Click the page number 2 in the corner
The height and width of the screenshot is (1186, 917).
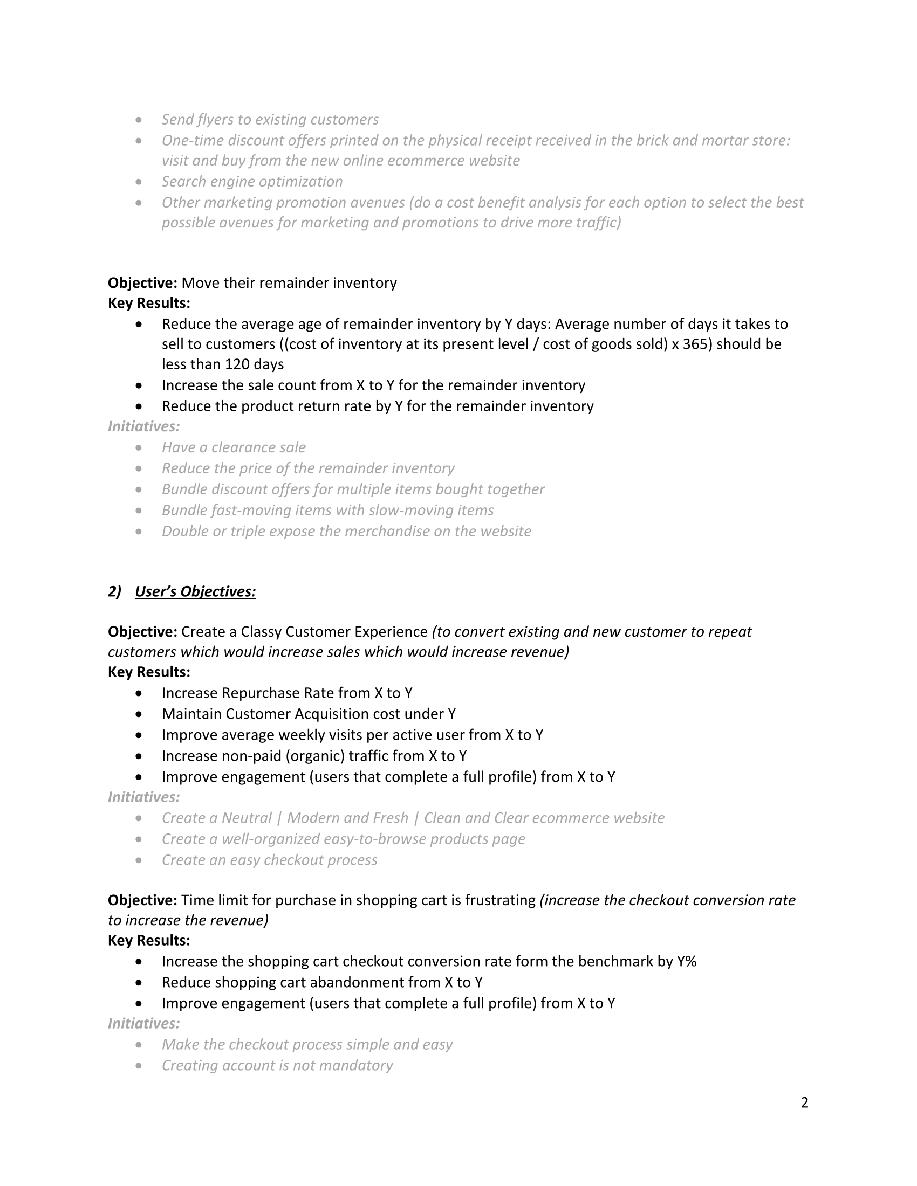(805, 1102)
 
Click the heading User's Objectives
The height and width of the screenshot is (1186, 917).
(195, 591)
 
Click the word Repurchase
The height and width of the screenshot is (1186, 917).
(261, 693)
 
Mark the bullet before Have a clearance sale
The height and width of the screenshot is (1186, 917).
(140, 447)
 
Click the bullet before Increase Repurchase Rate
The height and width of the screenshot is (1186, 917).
(140, 693)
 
